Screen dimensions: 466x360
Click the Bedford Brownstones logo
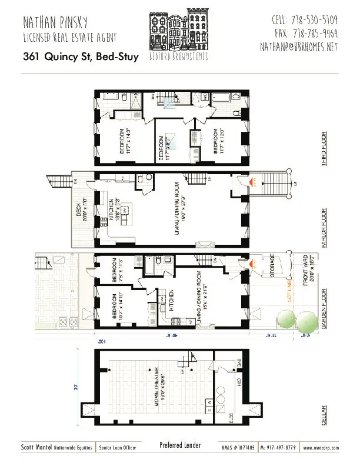click(179, 35)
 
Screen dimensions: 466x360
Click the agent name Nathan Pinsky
click(56, 23)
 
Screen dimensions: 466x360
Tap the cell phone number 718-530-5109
click(304, 21)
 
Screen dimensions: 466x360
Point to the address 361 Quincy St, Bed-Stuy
click(78, 57)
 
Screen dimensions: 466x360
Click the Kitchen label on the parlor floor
click(111, 211)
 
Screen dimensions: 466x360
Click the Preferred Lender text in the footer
click(180, 445)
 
